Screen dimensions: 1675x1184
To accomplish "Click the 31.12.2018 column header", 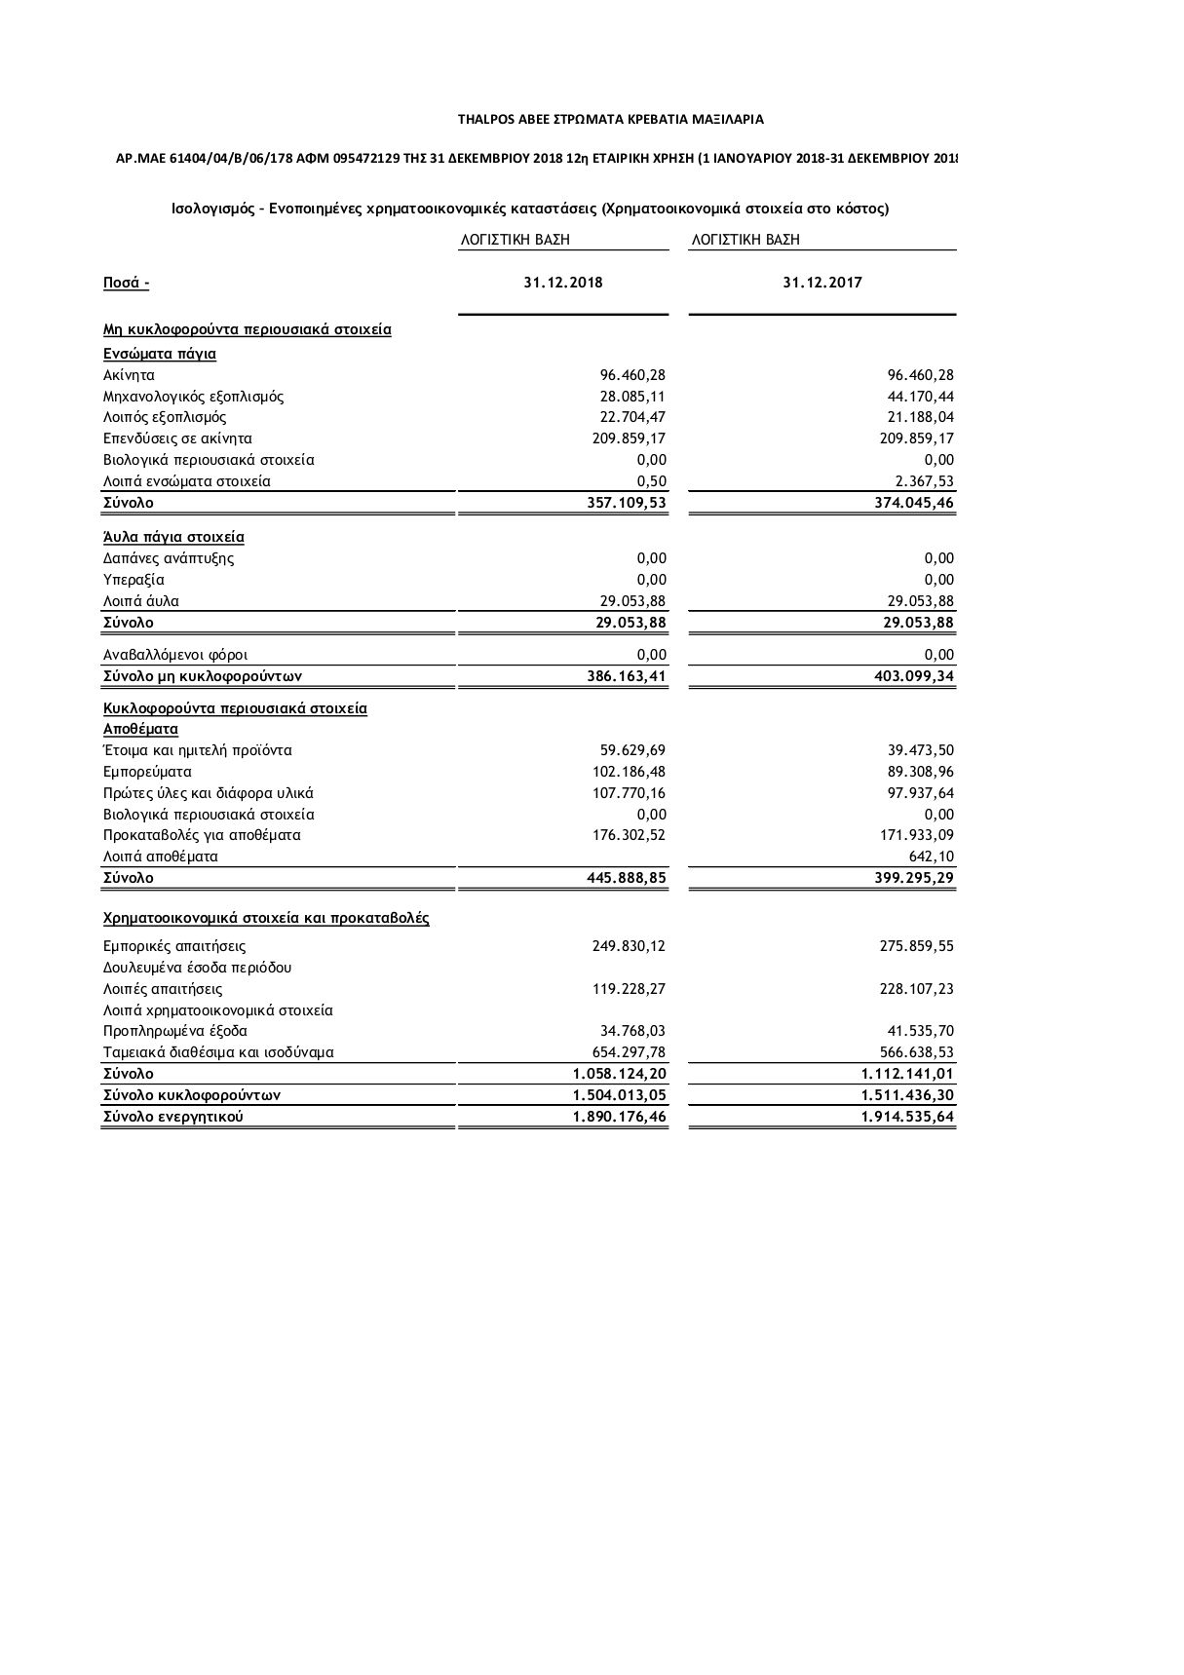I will tap(562, 283).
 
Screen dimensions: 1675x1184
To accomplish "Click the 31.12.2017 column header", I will tap(821, 283).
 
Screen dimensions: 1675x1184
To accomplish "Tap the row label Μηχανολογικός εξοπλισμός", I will tap(193, 397).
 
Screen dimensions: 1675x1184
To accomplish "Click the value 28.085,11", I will tap(632, 397).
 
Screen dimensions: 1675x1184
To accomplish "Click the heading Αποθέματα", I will tap(140, 729).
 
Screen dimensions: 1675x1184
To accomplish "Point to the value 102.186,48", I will tap(629, 772).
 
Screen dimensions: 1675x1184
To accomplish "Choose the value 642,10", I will tap(932, 857).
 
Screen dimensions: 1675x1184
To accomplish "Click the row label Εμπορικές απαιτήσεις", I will tap(174, 946).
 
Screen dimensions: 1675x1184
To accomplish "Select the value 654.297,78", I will tap(629, 1052).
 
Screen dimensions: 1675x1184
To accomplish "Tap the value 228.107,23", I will tap(916, 989).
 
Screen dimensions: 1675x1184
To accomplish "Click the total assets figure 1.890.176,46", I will tap(619, 1117).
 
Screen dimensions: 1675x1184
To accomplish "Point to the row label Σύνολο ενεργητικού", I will tap(172, 1117).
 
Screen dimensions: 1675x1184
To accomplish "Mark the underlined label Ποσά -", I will tap(126, 284).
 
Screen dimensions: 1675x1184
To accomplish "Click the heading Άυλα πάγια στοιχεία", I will tap(173, 537).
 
